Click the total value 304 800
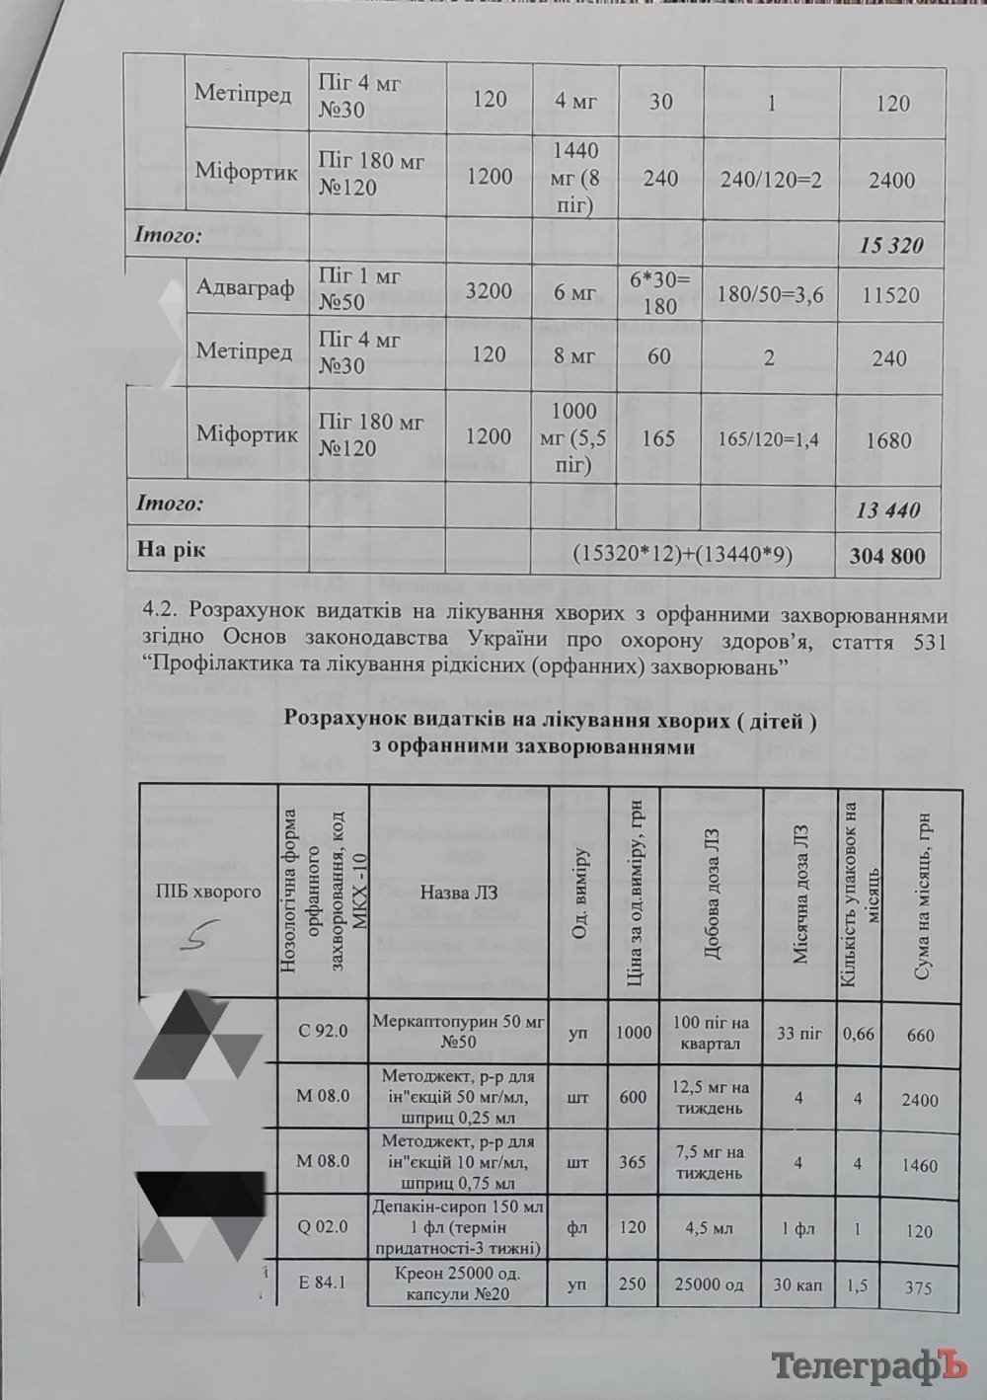tap(887, 556)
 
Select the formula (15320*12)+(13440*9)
tap(682, 555)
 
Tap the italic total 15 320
tap(891, 245)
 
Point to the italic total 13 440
tap(887, 510)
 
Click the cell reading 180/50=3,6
tap(770, 294)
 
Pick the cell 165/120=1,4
tap(768, 439)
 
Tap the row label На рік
tap(171, 550)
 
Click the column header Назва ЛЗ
tap(459, 892)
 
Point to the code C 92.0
tap(323, 1031)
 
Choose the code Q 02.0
tap(323, 1226)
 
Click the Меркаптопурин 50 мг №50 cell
tap(458, 1031)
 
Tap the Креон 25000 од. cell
tap(458, 1283)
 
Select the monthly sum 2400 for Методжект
tap(919, 1100)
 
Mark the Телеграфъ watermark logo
tap(867, 1366)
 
